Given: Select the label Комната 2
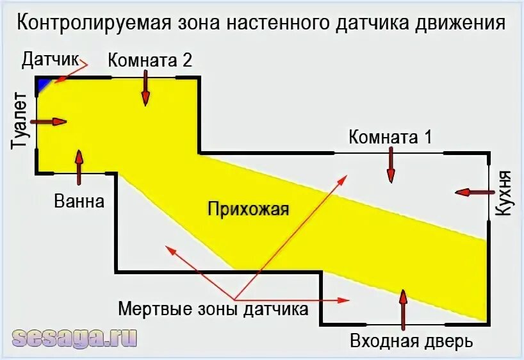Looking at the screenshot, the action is (x=150, y=60).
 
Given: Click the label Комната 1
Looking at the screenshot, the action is (x=390, y=136).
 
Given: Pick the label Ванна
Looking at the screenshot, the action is (x=79, y=201).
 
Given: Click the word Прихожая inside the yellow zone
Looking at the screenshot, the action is (x=248, y=209).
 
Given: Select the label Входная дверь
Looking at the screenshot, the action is (x=411, y=341).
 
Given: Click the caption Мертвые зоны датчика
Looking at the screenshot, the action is (x=213, y=309).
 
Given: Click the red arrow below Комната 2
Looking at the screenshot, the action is (x=145, y=88).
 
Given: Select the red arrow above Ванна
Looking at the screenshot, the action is (x=79, y=168).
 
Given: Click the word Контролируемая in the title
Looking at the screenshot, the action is (x=94, y=24).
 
